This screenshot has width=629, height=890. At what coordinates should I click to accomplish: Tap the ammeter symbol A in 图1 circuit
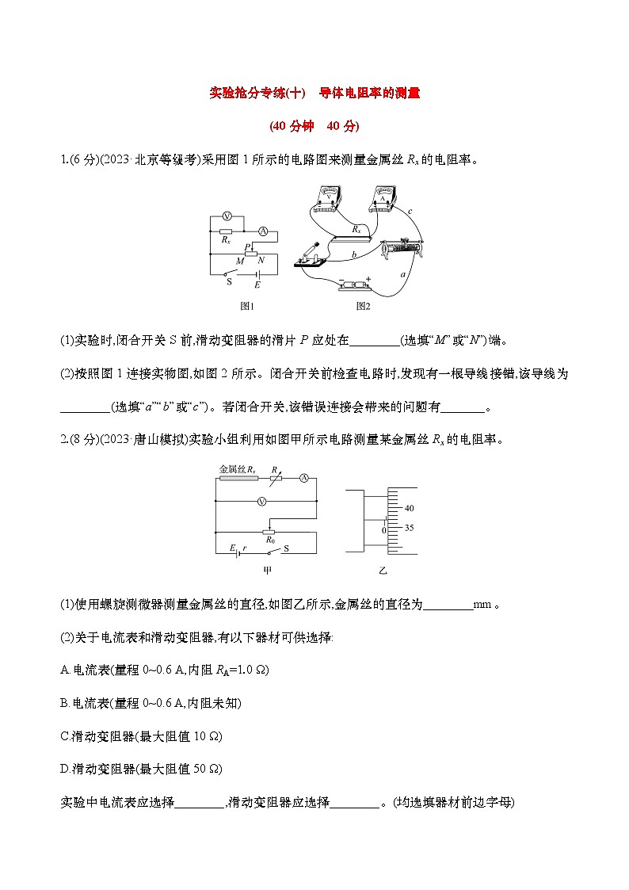coord(264,232)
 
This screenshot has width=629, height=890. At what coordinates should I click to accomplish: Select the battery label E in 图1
coord(257,283)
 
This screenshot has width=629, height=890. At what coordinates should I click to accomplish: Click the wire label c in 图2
coord(409,212)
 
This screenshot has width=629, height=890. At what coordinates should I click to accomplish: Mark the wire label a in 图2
coord(403,273)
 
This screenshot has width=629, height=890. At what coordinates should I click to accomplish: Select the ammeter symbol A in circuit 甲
coord(303,478)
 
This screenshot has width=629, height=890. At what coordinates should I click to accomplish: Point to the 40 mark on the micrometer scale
coord(409,508)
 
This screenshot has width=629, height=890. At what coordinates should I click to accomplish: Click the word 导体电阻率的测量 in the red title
coord(368,93)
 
